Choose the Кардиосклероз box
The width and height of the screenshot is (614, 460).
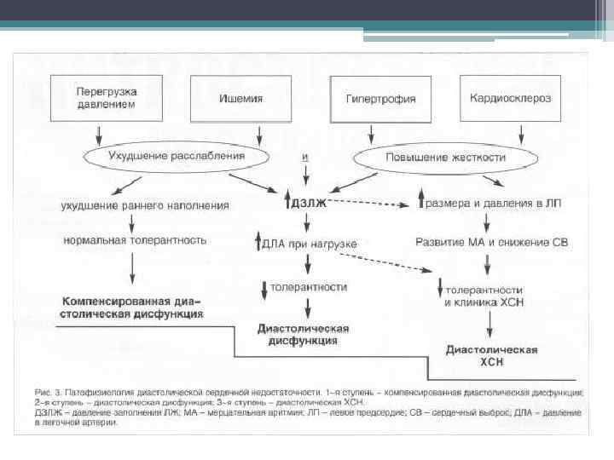point(510,97)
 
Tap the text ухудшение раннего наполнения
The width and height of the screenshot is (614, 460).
point(144,205)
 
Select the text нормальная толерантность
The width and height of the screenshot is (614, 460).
point(135,240)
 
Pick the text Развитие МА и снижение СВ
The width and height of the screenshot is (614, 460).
point(490,242)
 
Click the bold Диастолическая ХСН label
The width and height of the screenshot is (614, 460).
point(491,356)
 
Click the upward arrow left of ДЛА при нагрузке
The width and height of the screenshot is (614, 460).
point(258,244)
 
